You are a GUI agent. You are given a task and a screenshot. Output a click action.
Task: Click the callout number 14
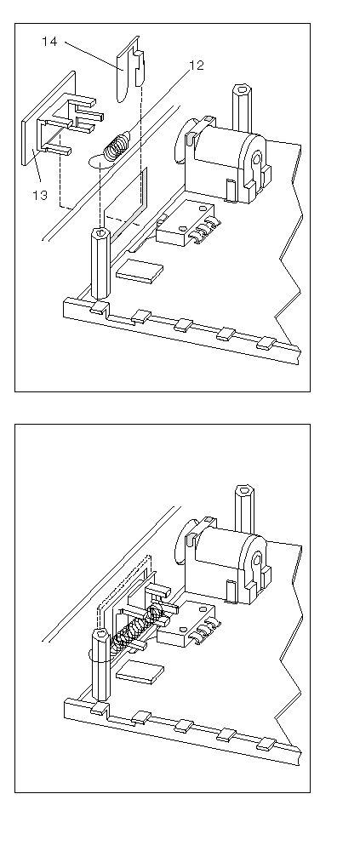coord(49,41)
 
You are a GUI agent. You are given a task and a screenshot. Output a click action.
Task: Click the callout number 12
coord(196,66)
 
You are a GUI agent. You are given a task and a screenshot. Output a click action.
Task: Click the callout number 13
coord(40,195)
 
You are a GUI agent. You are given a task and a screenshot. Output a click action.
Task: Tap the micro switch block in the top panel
coord(185,222)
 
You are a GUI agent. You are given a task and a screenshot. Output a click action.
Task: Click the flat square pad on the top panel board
coord(140,271)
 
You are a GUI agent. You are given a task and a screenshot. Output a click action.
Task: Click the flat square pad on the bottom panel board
coord(140,672)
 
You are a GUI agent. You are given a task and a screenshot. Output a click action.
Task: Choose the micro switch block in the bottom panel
coord(186,624)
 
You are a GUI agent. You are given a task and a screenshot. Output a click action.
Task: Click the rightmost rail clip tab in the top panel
coord(266,342)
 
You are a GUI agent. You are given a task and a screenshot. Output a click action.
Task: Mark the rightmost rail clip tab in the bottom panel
coord(266,744)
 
